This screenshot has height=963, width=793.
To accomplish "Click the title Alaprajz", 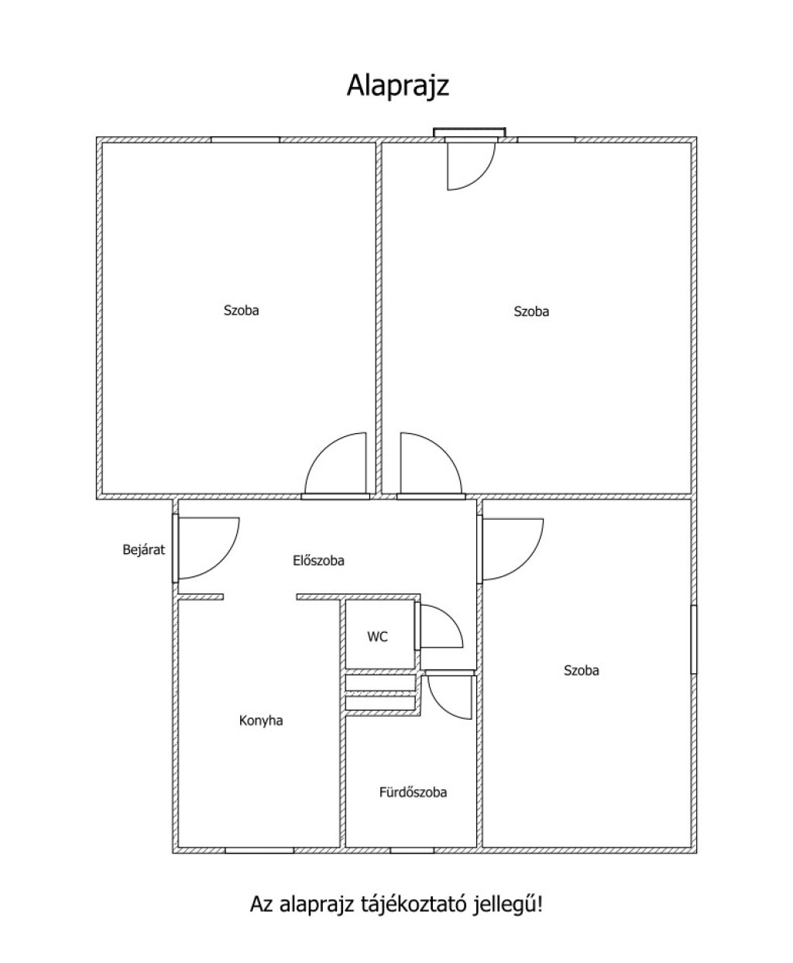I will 397,86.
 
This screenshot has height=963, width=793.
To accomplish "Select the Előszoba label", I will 318,560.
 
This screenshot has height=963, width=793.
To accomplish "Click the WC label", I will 377,638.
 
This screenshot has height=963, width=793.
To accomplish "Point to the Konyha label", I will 261,721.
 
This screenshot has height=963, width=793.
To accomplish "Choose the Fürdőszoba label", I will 413,793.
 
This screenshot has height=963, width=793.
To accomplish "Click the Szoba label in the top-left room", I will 241,311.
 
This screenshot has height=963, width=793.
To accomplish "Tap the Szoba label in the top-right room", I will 531,311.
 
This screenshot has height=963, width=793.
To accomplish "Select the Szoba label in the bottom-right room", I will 581,671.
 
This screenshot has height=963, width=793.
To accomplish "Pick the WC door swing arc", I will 440,626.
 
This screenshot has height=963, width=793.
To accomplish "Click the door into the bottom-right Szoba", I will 512,549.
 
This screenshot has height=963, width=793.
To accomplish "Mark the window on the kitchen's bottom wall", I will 259,851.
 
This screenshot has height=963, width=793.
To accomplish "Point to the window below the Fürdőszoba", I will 412,851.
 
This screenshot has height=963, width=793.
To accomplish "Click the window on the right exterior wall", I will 694,639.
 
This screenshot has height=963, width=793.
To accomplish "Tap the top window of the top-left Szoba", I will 245,139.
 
